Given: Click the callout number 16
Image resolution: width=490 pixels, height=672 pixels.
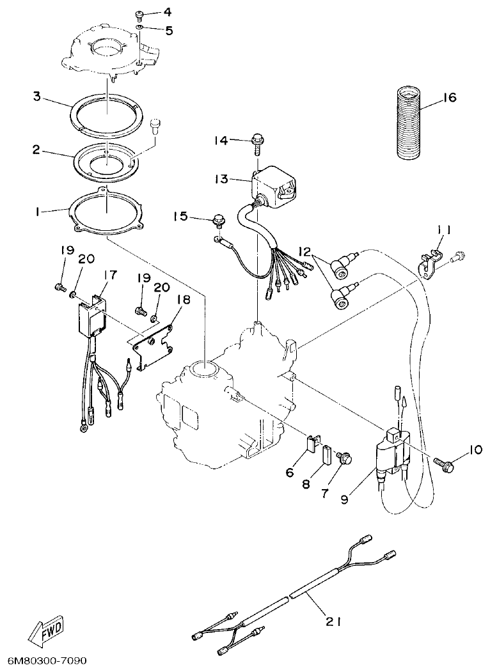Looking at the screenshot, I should click(449, 98).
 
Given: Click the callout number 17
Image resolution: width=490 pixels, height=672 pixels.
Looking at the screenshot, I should click(110, 275).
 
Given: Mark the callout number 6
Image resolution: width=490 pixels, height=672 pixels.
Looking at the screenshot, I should click(289, 473).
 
